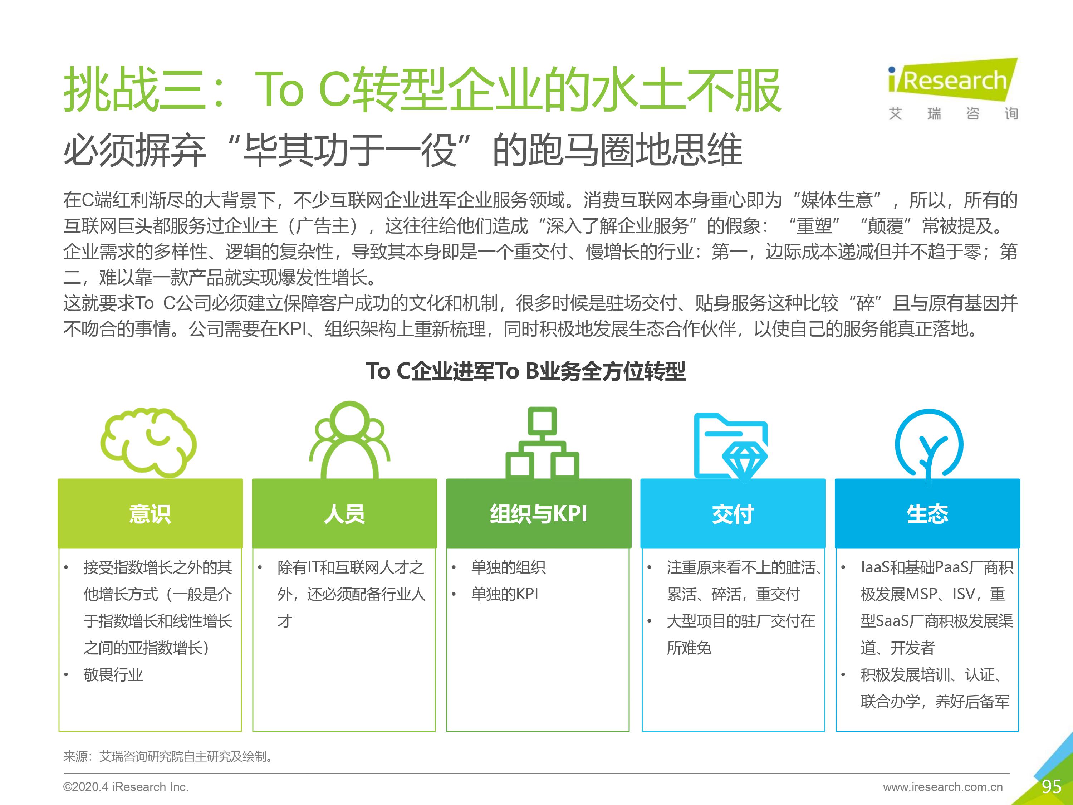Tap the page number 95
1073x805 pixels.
(x=1051, y=786)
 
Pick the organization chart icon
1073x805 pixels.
(x=542, y=443)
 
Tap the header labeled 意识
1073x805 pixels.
(x=150, y=514)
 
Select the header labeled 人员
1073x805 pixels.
(x=344, y=514)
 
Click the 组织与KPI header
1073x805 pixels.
(x=538, y=514)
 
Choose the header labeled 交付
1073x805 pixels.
(x=733, y=514)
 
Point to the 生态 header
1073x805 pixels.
(x=927, y=514)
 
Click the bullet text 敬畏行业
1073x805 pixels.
(x=113, y=674)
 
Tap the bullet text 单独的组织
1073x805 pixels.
(x=508, y=567)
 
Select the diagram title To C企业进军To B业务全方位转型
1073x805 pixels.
(x=526, y=371)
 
